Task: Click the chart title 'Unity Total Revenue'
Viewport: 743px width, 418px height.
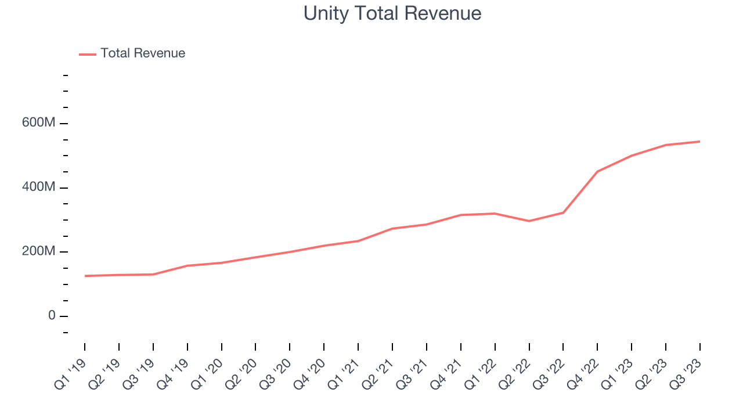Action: point(392,13)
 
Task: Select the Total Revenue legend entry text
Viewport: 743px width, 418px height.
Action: point(143,53)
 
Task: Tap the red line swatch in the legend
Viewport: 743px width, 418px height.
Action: point(88,54)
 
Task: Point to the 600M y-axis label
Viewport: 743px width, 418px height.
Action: point(38,124)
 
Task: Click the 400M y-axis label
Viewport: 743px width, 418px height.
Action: point(38,188)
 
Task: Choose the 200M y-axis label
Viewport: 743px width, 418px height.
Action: point(38,252)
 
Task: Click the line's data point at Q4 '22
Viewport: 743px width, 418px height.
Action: point(597,171)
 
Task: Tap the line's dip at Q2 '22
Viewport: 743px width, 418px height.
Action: point(529,221)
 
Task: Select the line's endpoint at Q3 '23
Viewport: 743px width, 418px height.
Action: point(699,142)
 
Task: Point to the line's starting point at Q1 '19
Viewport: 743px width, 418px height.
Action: point(85,276)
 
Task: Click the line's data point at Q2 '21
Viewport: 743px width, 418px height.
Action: point(392,229)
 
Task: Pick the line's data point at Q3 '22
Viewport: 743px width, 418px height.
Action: point(563,212)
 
